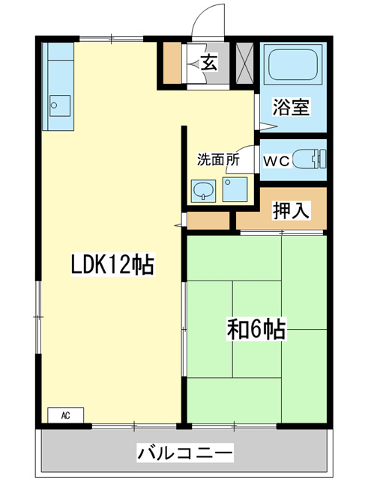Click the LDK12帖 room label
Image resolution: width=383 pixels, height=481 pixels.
(112, 264)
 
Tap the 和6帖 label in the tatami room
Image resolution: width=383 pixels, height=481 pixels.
(255, 328)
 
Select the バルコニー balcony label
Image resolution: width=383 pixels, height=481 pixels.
(185, 453)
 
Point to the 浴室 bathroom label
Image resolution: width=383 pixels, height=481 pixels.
(290, 107)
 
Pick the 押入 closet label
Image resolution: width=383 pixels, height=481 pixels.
(290, 212)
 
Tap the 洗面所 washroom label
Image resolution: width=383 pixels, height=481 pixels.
(218, 159)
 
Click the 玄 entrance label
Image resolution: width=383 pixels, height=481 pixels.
(208, 64)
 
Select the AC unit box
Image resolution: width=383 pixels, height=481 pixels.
(66, 414)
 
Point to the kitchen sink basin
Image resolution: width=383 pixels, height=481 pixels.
(59, 104)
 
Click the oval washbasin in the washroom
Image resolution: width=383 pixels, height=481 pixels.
(202, 192)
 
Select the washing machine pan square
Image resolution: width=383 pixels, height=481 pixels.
(235, 190)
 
